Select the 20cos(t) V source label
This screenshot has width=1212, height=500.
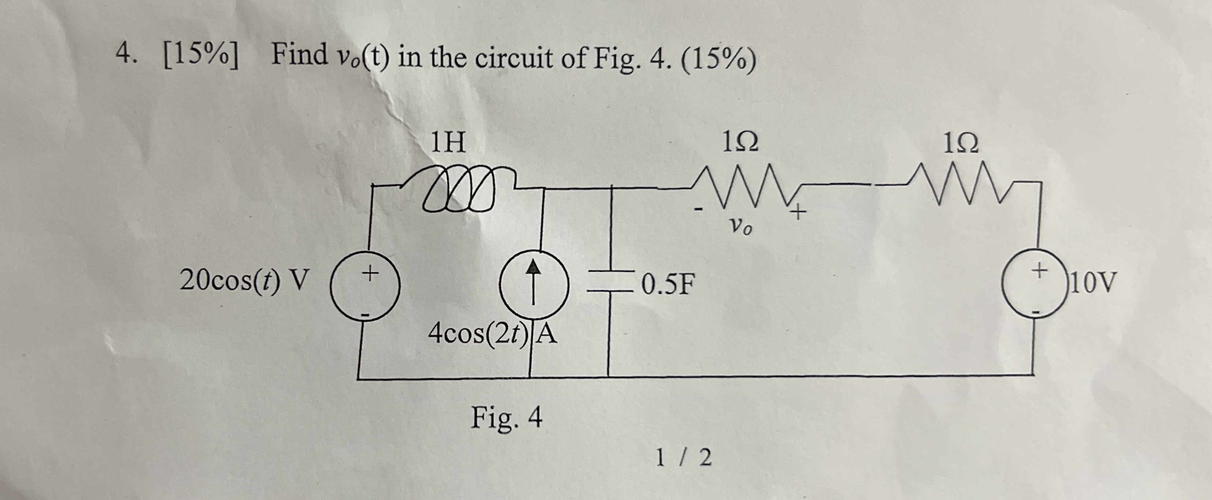[245, 281]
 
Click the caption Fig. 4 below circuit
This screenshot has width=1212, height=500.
[507, 418]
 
